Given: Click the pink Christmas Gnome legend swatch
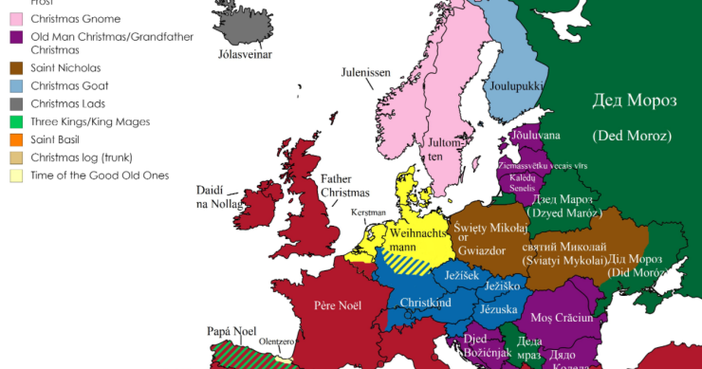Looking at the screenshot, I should click(16, 19).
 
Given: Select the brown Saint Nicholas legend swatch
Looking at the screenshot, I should click(16, 68).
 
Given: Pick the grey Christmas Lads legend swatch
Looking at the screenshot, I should click(16, 103).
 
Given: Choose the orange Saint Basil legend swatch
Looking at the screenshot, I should click(16, 139).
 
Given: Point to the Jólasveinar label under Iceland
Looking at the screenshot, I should click(245, 56).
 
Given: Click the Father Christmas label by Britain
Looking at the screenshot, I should click(343, 184).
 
